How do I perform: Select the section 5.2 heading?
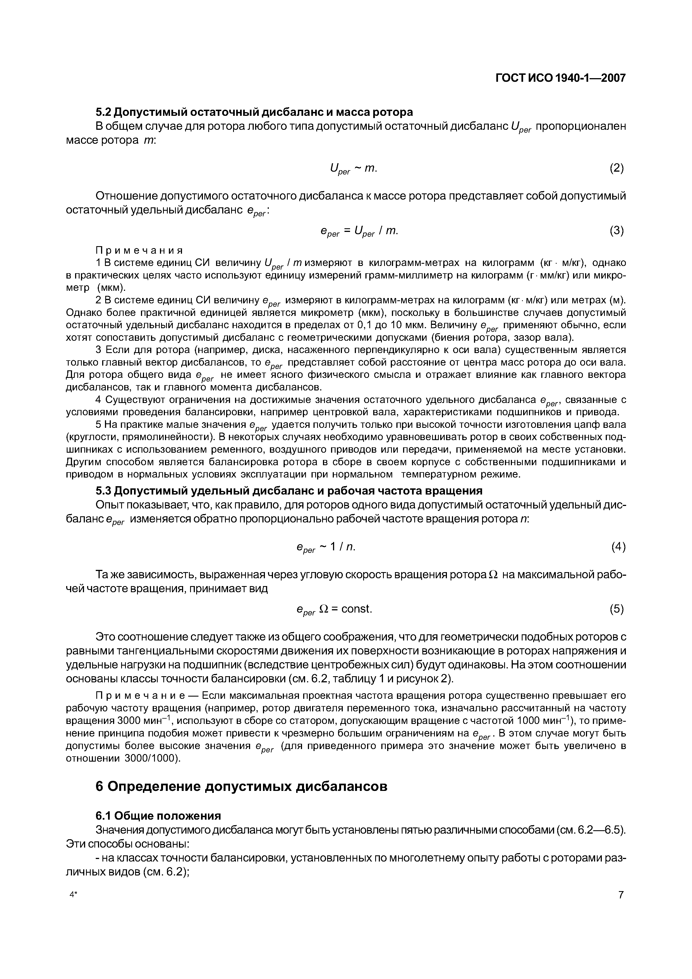pyautogui.click(x=254, y=112)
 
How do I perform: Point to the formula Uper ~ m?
pyautogui.click(x=353, y=169)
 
